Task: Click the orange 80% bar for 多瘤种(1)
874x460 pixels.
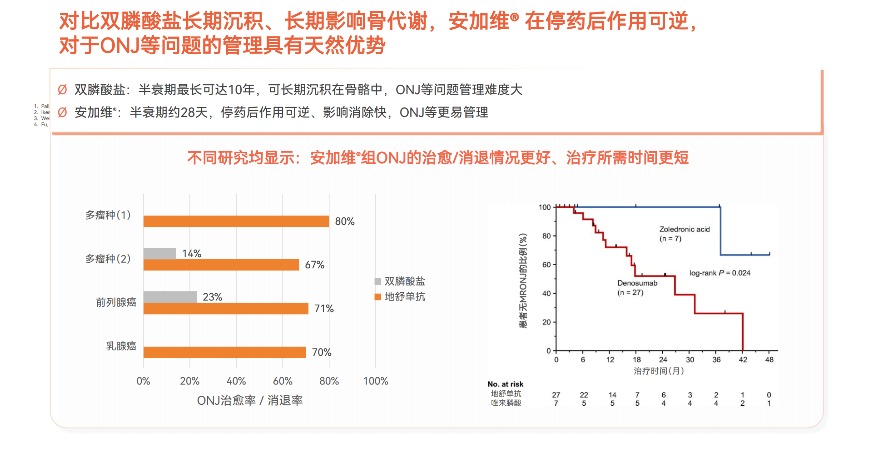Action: [x=236, y=221]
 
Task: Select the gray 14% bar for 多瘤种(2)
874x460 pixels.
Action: [x=159, y=253]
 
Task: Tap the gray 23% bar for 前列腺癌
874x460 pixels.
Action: [x=170, y=296]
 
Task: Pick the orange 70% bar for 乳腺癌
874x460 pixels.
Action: [x=224, y=352]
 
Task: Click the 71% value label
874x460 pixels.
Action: [x=323, y=308]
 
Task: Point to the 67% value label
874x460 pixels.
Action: [x=314, y=265]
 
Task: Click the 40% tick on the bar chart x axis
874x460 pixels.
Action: [x=236, y=380]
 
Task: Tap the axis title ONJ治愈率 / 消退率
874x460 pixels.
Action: [x=250, y=400]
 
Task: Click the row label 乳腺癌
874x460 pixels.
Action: [x=121, y=346]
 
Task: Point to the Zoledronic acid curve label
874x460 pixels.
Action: [x=684, y=229]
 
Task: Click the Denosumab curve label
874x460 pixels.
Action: [x=637, y=283]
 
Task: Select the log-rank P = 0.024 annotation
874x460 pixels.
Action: [x=719, y=273]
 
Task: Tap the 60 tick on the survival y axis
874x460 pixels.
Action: [x=546, y=264]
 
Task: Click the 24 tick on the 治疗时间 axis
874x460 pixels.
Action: [x=663, y=359]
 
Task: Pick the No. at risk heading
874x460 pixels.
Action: [x=505, y=384]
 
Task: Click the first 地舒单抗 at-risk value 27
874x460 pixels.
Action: [x=555, y=394]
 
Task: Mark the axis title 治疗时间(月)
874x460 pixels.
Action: [x=658, y=371]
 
